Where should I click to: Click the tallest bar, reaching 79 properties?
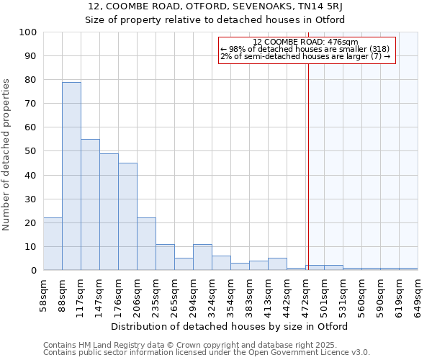click(x=71, y=176)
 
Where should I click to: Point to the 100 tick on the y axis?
click(x=30, y=32)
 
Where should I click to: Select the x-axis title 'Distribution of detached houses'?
click(x=230, y=326)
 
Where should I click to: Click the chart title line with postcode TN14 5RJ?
click(x=215, y=6)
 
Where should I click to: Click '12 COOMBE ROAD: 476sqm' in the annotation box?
click(x=306, y=42)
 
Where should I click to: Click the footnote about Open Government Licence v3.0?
click(x=206, y=352)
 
